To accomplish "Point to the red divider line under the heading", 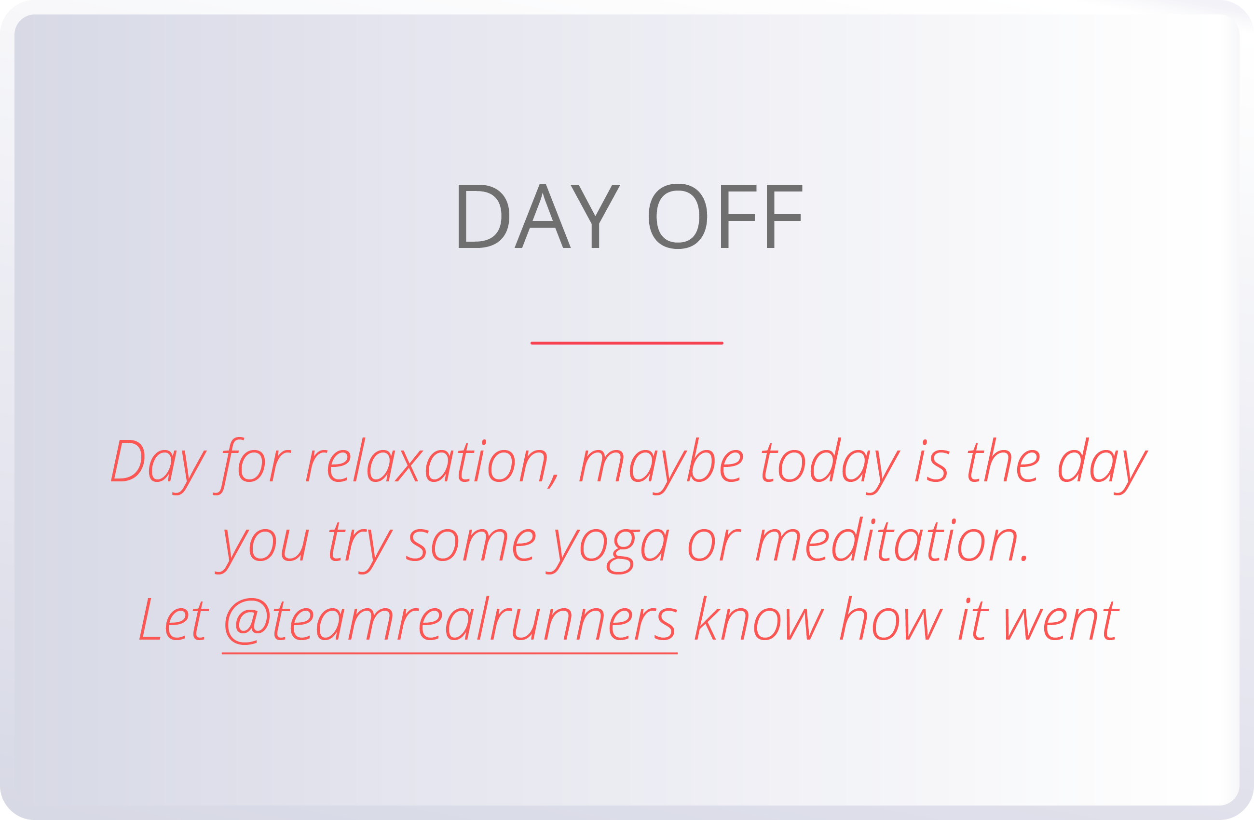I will [x=627, y=343].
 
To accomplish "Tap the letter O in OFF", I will [x=678, y=216].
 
